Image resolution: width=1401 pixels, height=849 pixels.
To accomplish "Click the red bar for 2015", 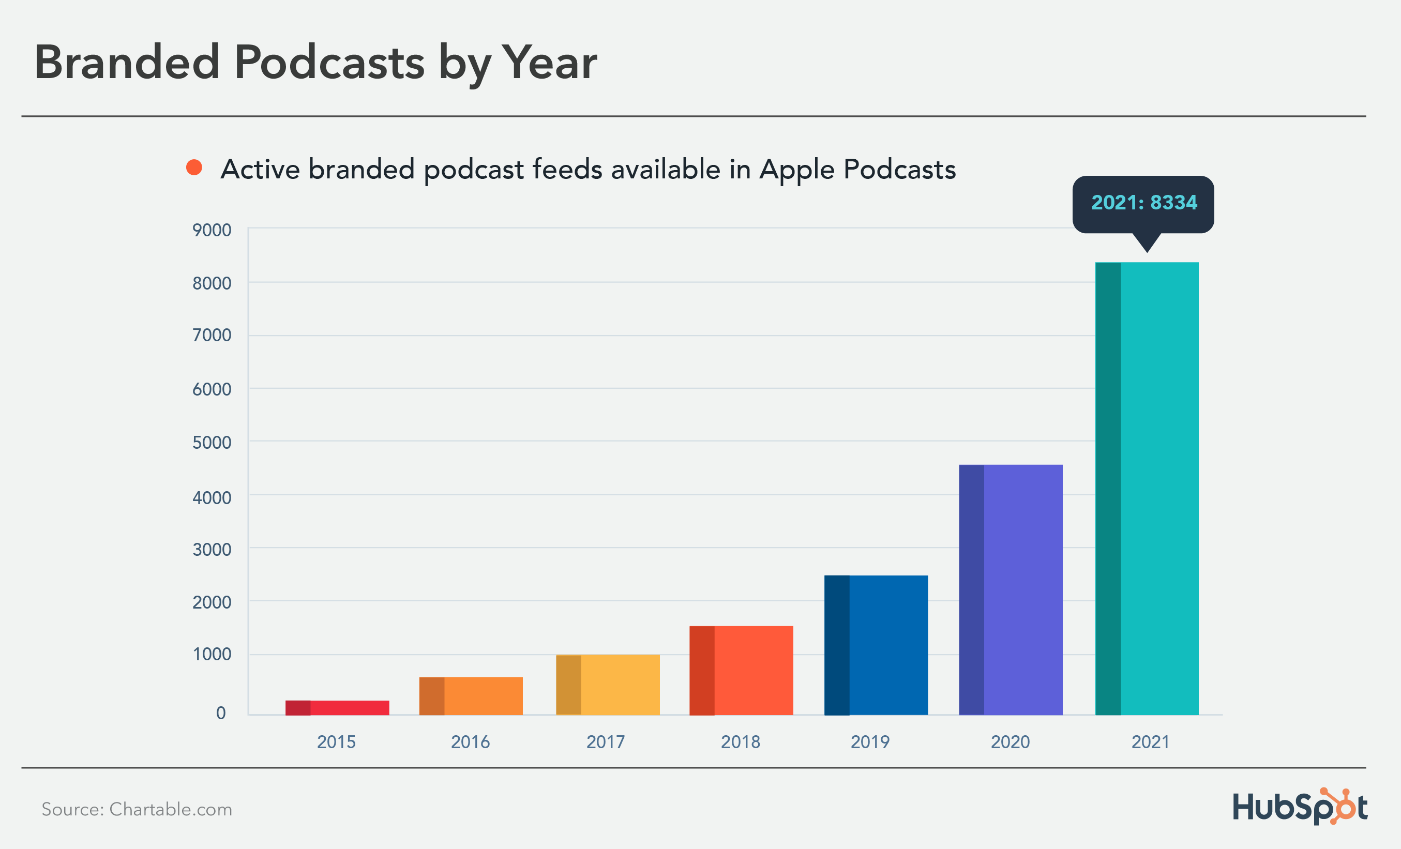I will point(337,707).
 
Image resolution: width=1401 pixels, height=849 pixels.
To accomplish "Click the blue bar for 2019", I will point(876,645).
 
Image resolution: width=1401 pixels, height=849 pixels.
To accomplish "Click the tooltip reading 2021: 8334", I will point(1143,203).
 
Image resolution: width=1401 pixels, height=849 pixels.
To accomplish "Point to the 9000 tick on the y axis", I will point(212,230).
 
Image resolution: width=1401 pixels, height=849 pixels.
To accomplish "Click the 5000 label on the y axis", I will point(212,443).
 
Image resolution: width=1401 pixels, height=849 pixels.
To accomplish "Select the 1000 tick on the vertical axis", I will point(212,654).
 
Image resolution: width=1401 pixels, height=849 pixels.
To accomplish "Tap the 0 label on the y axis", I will point(221,713).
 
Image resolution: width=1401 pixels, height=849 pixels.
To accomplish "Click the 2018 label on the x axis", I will point(740,741).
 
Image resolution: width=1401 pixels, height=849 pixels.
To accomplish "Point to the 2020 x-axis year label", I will point(1010,741).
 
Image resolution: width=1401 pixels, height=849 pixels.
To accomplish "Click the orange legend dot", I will point(194,167).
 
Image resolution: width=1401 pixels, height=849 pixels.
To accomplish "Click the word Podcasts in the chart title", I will point(329,62).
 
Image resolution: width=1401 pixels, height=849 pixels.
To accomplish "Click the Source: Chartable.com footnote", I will point(137,809).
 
